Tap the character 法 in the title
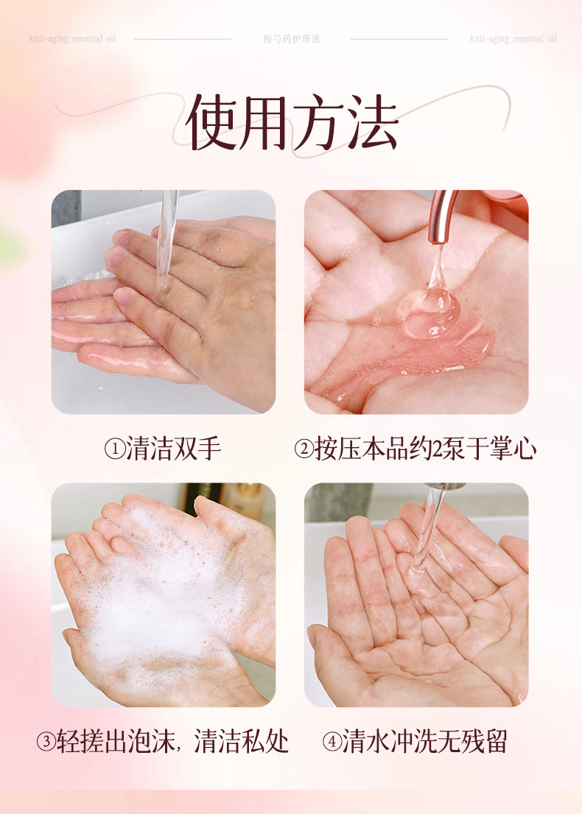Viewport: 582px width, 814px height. (x=372, y=122)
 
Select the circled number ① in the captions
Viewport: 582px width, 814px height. (x=113, y=449)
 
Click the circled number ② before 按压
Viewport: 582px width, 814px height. (x=304, y=449)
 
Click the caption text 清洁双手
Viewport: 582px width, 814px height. (x=174, y=449)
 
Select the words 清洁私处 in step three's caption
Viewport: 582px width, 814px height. (x=242, y=742)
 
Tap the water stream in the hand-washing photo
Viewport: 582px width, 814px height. (x=166, y=236)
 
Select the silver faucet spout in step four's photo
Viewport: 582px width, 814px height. (x=442, y=487)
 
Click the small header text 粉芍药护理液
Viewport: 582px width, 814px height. (x=292, y=38)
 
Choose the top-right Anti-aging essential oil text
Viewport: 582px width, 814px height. (x=513, y=38)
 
